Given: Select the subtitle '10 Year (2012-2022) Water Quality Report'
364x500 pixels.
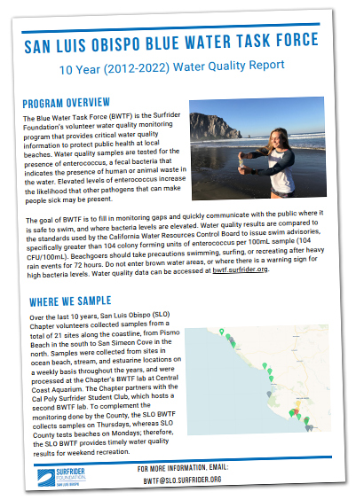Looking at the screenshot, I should coord(183,65).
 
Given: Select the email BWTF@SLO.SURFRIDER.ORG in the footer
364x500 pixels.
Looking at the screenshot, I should coord(178,479).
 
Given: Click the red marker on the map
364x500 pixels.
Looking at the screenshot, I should coord(293,413).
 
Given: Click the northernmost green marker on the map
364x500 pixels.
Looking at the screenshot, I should coord(222,332).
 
